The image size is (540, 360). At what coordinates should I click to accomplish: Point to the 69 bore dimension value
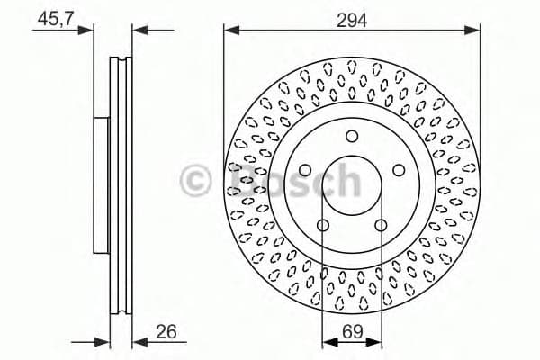point(352,332)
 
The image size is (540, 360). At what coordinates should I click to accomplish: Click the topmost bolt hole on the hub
point(352,136)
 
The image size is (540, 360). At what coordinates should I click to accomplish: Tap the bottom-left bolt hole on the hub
point(322,226)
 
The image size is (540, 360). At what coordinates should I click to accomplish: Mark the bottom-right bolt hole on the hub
point(382,226)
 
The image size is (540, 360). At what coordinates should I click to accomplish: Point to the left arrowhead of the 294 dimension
point(229,31)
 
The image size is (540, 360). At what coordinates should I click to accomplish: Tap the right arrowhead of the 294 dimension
point(475,31)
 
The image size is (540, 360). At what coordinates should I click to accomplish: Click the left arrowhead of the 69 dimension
point(327,342)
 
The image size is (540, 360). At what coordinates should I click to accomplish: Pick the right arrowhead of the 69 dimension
point(377,342)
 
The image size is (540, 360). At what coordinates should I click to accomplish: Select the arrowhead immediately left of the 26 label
point(138,342)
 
